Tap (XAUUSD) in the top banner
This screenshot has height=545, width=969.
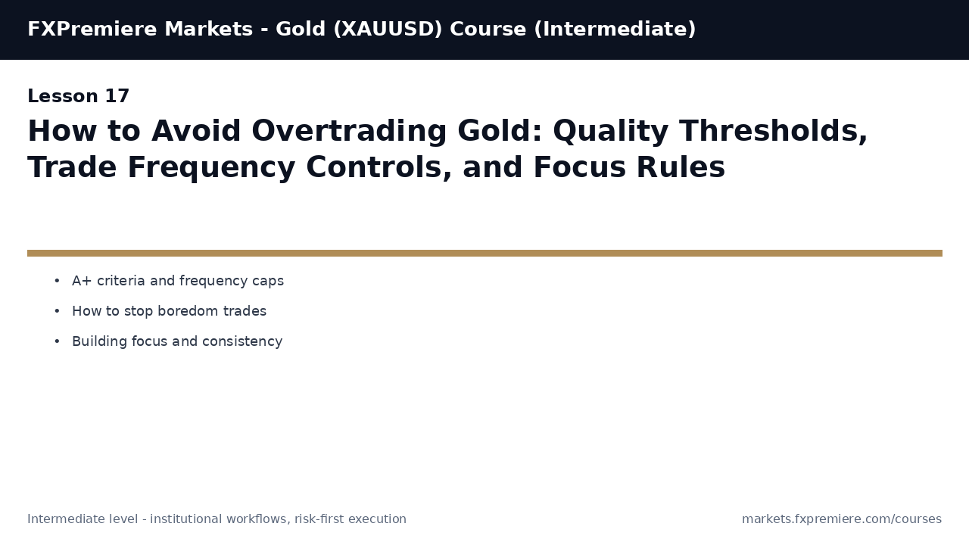pyautogui.click(x=388, y=30)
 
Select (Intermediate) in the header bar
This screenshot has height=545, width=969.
pyautogui.click(x=615, y=30)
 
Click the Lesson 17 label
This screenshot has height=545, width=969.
pyautogui.click(x=79, y=97)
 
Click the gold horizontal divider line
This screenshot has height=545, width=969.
pyautogui.click(x=484, y=253)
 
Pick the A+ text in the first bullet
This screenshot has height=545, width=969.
pyautogui.click(x=83, y=281)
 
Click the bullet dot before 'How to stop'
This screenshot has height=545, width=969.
pyautogui.click(x=57, y=311)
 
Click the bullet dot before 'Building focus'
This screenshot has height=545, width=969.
pyautogui.click(x=57, y=341)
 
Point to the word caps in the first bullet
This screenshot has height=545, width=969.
pyautogui.click(x=269, y=281)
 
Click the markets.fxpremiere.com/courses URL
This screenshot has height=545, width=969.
pyautogui.click(x=841, y=519)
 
